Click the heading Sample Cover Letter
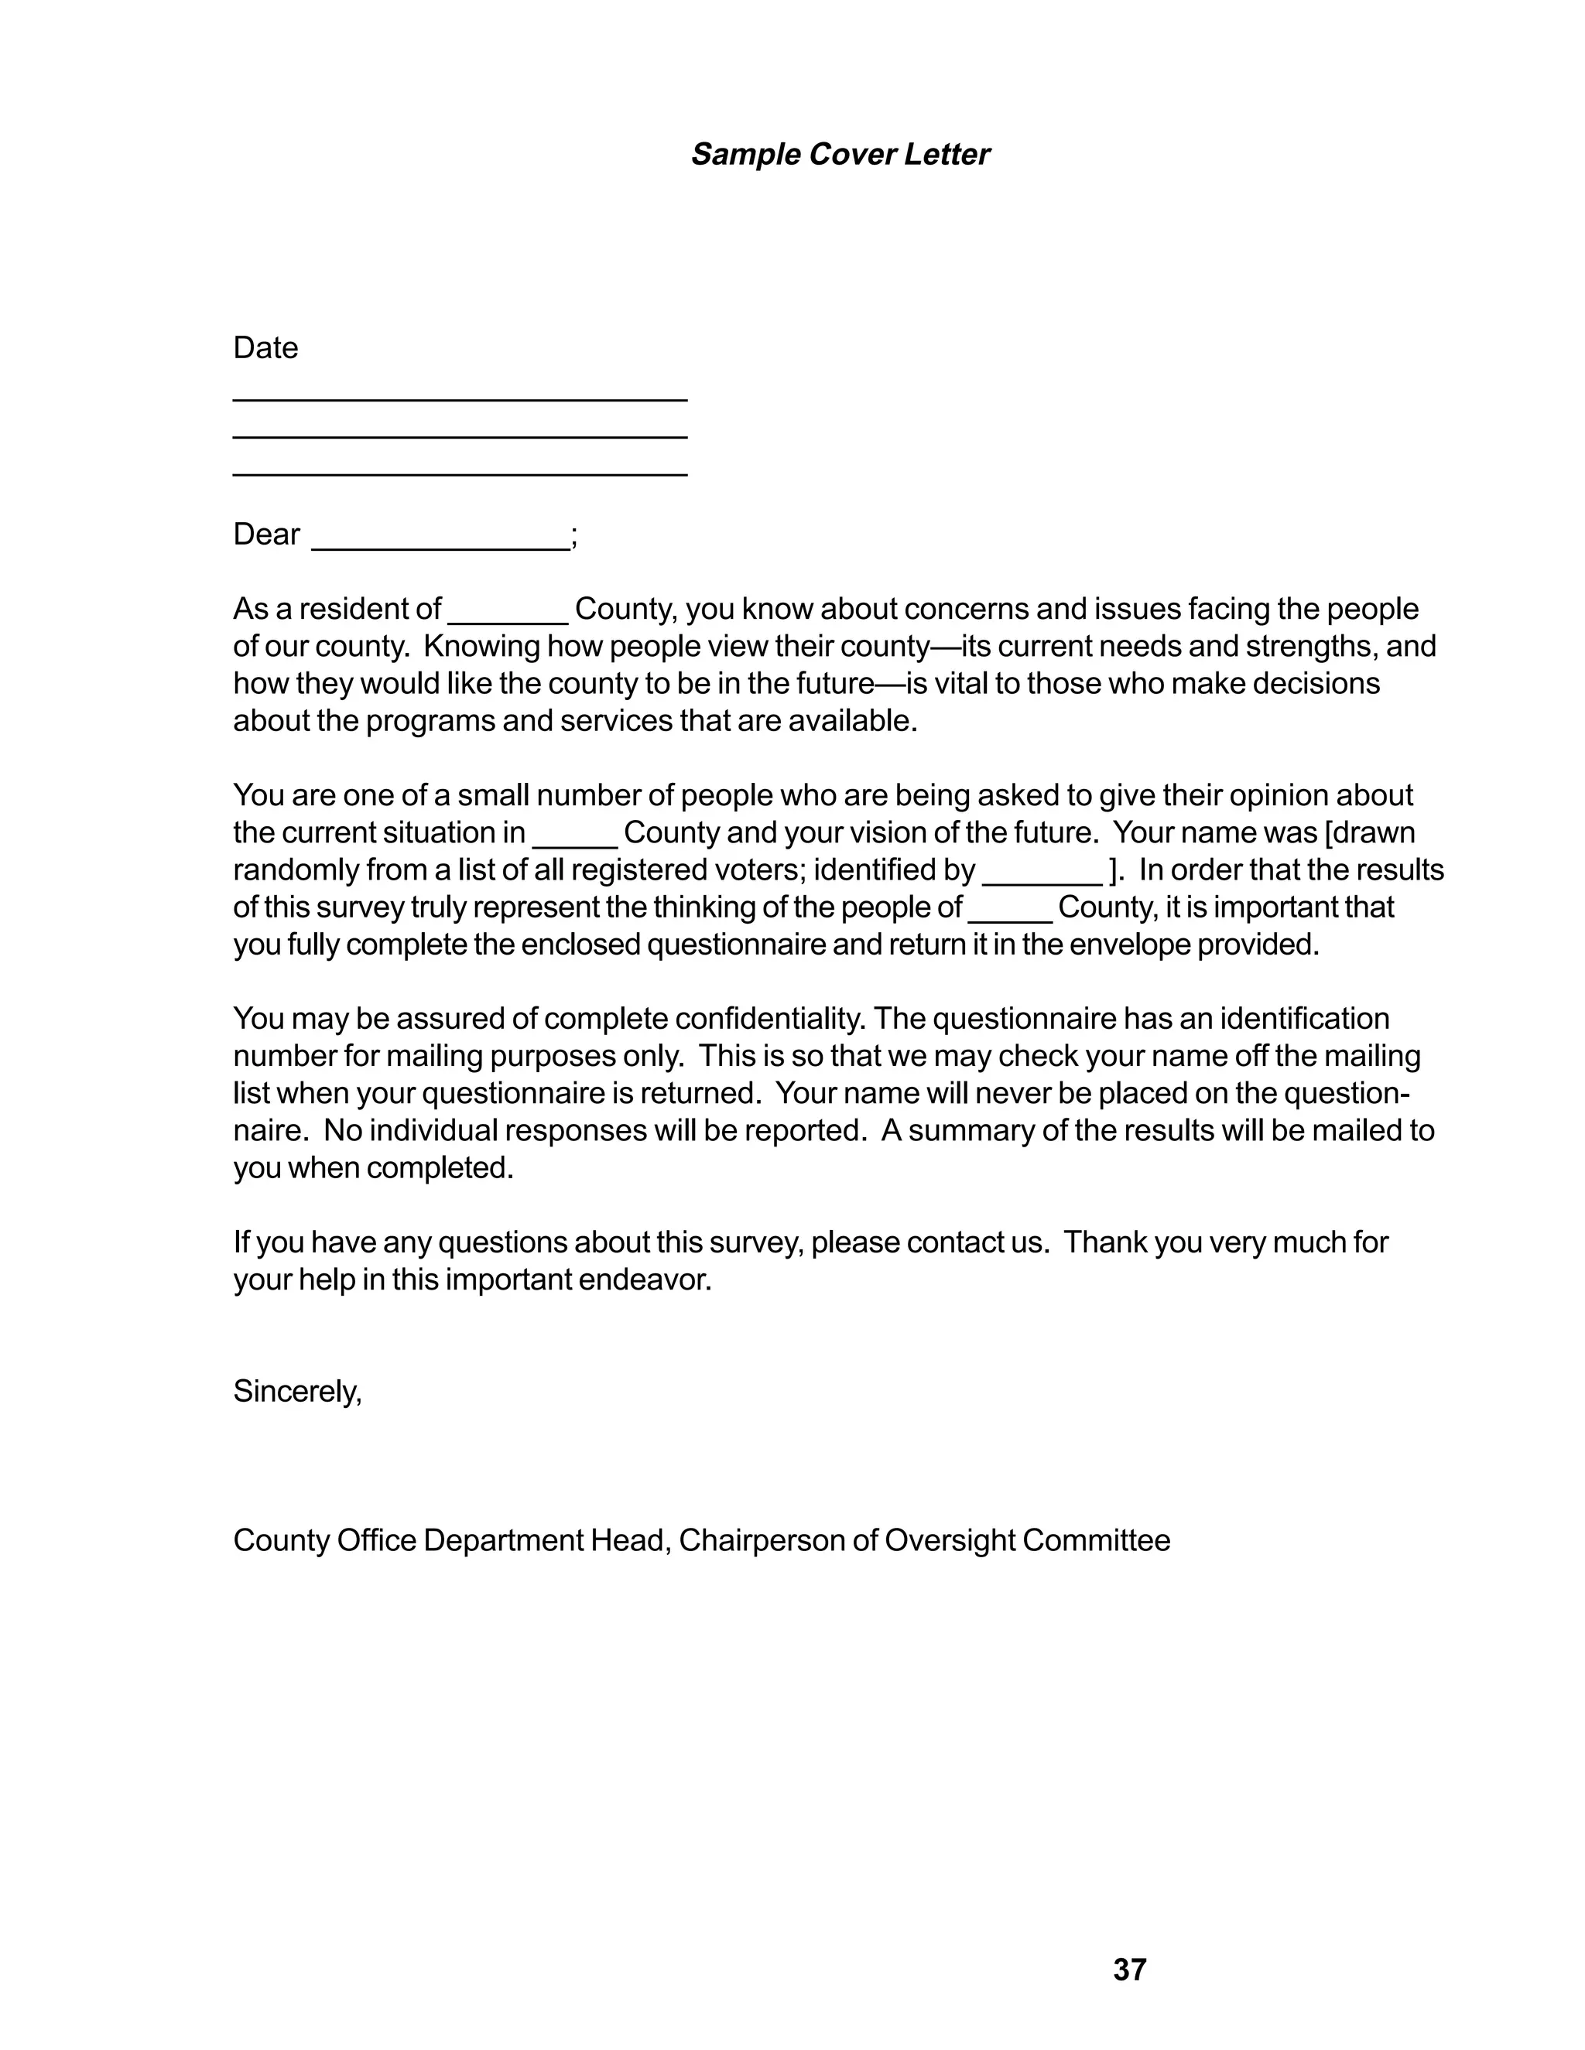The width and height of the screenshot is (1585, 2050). click(x=840, y=155)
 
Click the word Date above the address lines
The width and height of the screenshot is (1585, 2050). click(x=265, y=348)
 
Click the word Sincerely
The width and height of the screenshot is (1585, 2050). click(x=296, y=1391)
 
